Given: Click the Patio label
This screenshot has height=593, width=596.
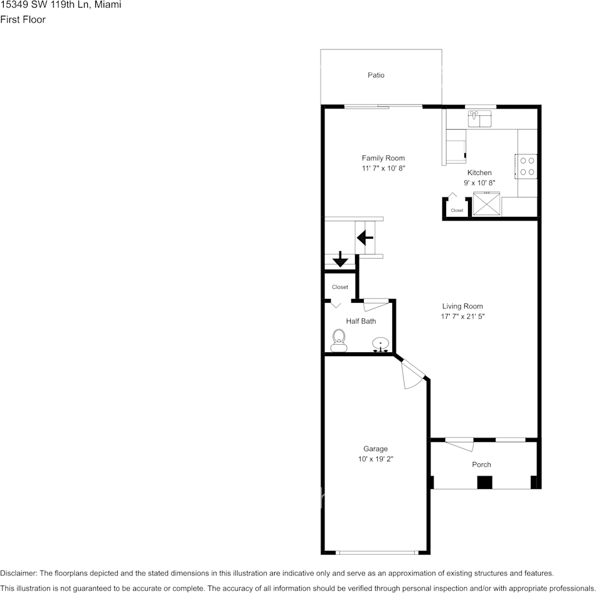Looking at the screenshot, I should coord(376,75).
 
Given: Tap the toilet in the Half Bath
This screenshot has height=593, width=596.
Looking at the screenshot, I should coord(339,340).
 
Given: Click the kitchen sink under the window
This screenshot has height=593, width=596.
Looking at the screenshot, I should coord(480,118).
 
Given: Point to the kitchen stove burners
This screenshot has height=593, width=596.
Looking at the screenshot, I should coord(527,166).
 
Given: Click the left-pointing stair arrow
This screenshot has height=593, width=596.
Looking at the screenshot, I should coord(365,238).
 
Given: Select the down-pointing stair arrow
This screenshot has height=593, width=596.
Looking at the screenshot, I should coord(340,259).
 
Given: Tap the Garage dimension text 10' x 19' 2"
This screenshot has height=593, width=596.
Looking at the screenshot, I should coord(375,459).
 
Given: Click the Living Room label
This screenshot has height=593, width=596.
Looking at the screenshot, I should coord(462,307).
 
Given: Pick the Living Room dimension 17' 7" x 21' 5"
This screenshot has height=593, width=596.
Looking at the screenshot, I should coord(462,317).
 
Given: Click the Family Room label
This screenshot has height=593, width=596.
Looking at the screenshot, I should coord(383,158).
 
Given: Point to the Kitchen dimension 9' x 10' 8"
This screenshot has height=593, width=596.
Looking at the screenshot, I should coord(479,183).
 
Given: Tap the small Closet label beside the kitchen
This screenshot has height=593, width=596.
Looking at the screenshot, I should coord(457,211).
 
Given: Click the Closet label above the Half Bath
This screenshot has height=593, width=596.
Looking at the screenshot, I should coord(340,287).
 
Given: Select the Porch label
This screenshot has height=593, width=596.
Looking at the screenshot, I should coord(481,464).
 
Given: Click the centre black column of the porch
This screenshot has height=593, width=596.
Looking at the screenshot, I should coord(484,483).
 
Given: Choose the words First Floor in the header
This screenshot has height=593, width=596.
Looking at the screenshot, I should coord(23,19).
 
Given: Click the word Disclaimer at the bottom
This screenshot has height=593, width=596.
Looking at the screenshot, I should coord(18,573).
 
